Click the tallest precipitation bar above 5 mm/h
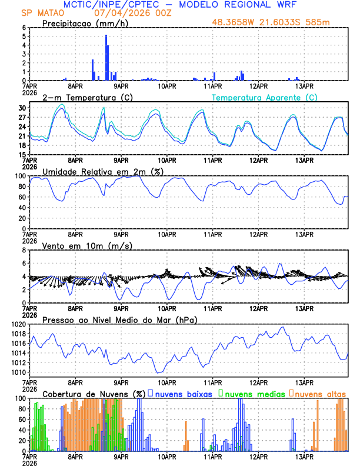[106, 58]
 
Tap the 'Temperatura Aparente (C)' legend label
[265, 97]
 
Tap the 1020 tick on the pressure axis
[19, 324]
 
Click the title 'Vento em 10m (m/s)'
[87, 245]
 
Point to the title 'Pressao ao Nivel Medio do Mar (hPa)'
[119, 319]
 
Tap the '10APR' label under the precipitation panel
[167, 85]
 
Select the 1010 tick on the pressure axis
[19, 372]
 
